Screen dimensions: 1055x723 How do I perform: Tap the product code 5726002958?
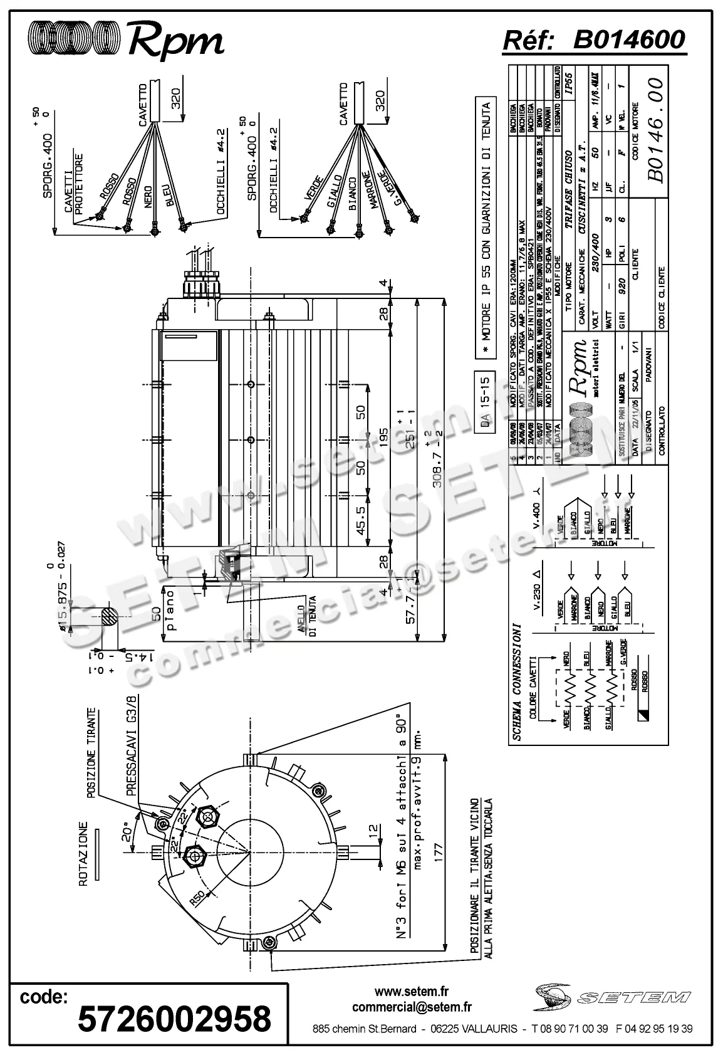(174, 1018)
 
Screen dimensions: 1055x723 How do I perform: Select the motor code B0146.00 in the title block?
(654, 130)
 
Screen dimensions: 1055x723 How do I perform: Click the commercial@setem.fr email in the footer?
(412, 1007)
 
